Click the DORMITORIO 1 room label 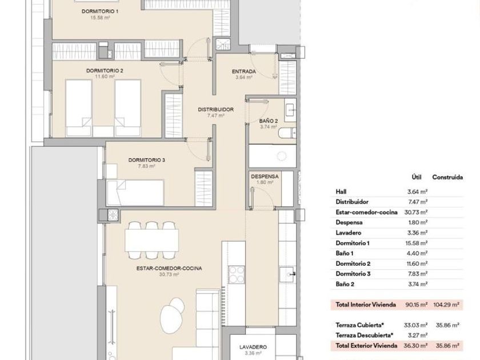pos(100,11)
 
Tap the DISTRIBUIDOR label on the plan pos(215,109)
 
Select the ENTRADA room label pos(243,71)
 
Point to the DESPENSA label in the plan pos(265,177)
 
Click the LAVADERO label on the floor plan pos(253,347)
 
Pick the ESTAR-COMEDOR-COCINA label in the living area pos(169,269)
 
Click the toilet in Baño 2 pos(287,133)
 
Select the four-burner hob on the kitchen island pos(237,275)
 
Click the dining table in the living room pos(152,241)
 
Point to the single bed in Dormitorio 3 pos(135,193)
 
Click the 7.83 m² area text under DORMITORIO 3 pos(146,166)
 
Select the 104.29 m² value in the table pos(446,305)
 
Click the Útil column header pos(417,177)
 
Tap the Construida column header pos(447,177)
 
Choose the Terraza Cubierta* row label pos(359,325)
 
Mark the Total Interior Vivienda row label pos(366,305)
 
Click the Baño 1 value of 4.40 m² pos(417,253)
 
